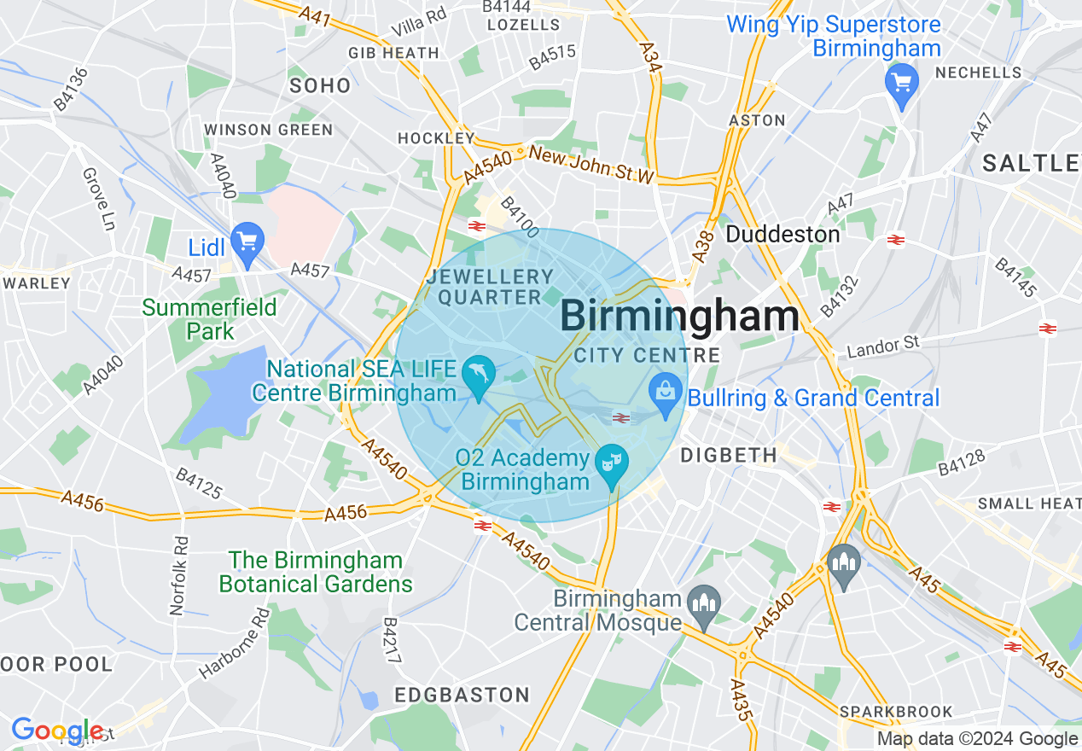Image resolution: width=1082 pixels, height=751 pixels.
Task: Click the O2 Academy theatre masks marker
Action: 611,463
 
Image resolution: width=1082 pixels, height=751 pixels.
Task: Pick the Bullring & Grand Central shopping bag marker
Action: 664,394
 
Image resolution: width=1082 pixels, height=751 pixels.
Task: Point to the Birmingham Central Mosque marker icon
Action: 703,602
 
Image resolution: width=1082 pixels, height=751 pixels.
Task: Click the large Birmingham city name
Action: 679,317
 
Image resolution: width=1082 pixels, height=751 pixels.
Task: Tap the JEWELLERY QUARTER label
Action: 491,287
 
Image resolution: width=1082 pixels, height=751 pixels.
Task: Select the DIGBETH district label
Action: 729,456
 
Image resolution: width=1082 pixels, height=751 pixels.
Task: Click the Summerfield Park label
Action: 209,318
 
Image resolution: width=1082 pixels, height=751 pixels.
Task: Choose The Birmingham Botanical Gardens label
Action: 315,572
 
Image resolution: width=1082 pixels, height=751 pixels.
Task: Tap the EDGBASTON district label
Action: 462,695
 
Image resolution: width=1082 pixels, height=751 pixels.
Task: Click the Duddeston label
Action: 782,234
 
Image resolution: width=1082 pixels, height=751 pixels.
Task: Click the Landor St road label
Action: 882,346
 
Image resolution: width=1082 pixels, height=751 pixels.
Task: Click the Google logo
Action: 56,731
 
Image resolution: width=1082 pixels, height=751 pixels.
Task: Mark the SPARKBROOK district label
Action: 895,711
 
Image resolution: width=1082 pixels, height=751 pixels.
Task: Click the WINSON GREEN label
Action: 268,130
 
